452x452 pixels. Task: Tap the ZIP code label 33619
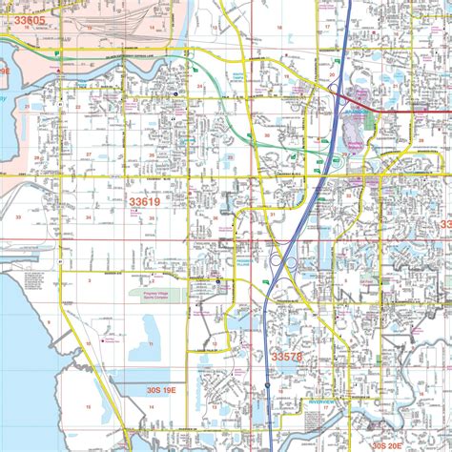click(x=145, y=202)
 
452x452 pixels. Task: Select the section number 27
click(x=89, y=154)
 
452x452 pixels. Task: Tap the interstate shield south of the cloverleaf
click(x=269, y=386)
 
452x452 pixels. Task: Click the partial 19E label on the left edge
click(x=5, y=71)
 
